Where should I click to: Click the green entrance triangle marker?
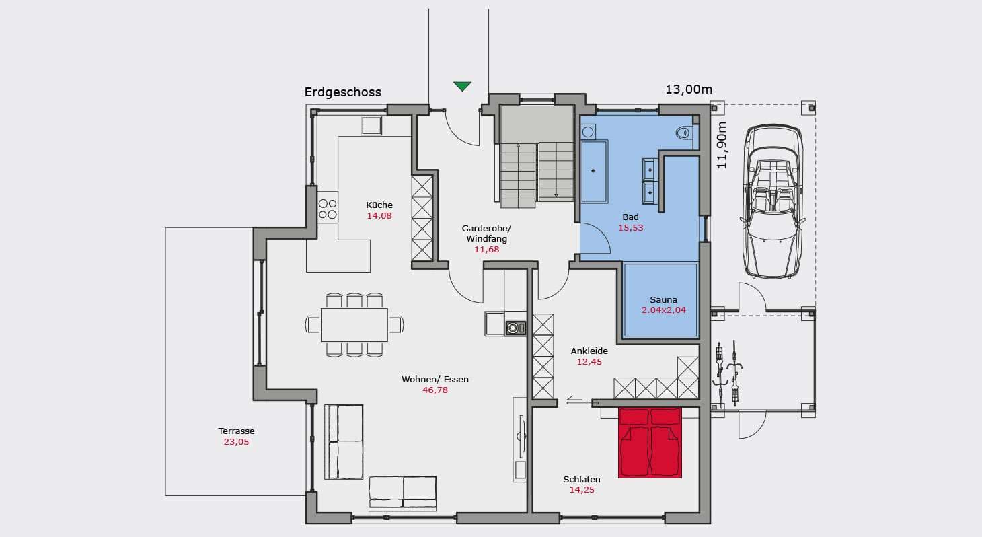coord(462,86)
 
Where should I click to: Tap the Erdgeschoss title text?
coord(343,92)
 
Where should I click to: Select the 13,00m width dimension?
coord(689,89)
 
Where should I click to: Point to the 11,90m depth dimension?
coord(722,145)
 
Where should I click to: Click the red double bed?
coord(650,443)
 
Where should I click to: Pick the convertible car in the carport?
coord(773,201)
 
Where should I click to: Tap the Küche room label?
coord(379,205)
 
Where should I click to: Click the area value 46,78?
coord(435,390)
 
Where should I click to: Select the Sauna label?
coord(663,299)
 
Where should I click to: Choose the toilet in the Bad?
coord(684,133)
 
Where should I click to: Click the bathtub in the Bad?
coord(594,171)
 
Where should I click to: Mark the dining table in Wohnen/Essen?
coord(354,324)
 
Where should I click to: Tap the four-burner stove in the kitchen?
coord(328,209)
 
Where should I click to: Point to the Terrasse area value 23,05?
coord(236,442)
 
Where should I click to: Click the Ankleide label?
coord(589,351)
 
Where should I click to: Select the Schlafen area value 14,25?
coord(582,490)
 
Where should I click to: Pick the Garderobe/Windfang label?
coord(486,234)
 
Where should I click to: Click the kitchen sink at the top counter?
coord(371,125)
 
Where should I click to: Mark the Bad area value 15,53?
coord(630,227)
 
